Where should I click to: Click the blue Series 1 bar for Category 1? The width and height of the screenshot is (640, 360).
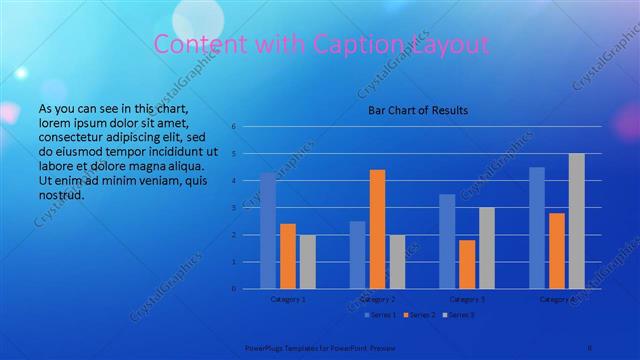click(x=268, y=231)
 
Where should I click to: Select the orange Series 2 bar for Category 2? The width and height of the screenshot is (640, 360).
click(x=377, y=229)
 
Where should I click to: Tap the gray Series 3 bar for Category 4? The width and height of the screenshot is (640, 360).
click(x=576, y=221)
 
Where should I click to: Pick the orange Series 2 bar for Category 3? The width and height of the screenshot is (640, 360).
click(x=467, y=264)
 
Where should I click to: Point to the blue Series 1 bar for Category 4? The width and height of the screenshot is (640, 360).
click(x=536, y=228)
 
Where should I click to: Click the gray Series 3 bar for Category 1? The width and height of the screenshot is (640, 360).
click(x=307, y=262)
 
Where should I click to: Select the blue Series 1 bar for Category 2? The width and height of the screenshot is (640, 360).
click(x=357, y=255)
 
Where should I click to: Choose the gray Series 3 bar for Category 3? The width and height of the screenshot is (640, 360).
click(x=486, y=248)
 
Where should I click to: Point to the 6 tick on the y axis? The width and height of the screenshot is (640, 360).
click(x=232, y=127)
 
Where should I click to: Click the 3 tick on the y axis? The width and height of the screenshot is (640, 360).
click(x=232, y=208)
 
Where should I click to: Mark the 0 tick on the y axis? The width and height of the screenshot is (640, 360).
click(x=232, y=289)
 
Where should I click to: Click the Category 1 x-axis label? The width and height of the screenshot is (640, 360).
click(x=288, y=299)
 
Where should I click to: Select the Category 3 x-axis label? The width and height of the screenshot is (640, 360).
click(x=467, y=299)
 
